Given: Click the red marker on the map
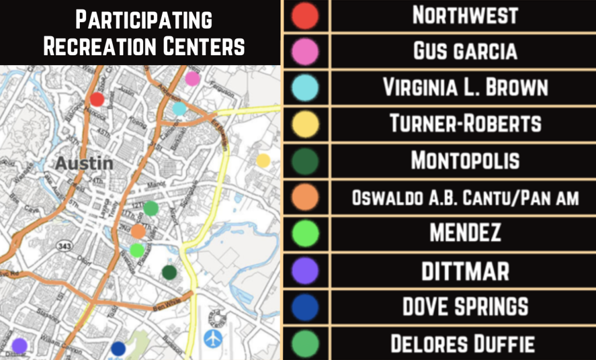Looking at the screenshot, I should (x=97, y=99).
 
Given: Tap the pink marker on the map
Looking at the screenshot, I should (x=193, y=79).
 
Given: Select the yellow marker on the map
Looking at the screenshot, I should (x=263, y=161).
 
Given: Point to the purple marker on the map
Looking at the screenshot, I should (x=19, y=345).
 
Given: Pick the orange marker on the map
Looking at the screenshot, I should (x=138, y=231).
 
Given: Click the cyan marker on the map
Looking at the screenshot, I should (x=179, y=108).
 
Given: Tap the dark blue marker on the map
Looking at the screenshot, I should (x=118, y=348).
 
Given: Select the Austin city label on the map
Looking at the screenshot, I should (x=84, y=163).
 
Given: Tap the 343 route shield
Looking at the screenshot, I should (x=64, y=247).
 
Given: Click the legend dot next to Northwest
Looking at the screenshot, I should (x=306, y=16).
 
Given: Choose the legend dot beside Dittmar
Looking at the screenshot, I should (x=306, y=270).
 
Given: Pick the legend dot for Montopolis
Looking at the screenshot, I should (x=306, y=161).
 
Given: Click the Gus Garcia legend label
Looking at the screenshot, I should (x=465, y=52).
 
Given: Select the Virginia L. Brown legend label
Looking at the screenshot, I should (x=465, y=88).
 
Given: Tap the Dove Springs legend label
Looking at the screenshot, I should (x=465, y=306).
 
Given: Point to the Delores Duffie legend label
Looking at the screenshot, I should (x=463, y=343).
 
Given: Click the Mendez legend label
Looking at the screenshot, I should (x=465, y=234).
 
